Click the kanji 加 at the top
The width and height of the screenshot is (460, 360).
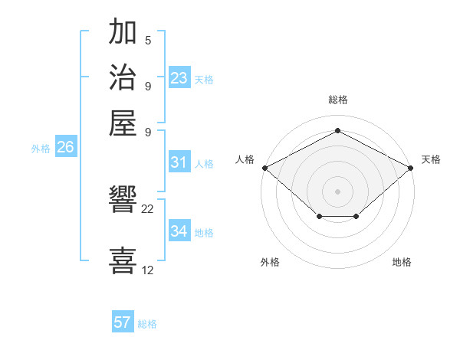pyautogui.click(x=123, y=34)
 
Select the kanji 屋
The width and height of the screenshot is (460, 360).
pyautogui.click(x=123, y=122)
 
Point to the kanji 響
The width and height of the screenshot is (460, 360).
pyautogui.click(x=123, y=201)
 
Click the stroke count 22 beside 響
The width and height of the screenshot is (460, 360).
pyautogui.click(x=148, y=209)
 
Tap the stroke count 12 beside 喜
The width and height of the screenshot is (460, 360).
pyautogui.click(x=148, y=270)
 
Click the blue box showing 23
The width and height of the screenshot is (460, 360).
pyautogui.click(x=179, y=78)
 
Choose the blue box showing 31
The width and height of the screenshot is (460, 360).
pyautogui.click(x=179, y=162)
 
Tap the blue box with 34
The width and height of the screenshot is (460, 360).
pyautogui.click(x=179, y=231)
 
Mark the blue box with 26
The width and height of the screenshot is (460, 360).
pyautogui.click(x=65, y=148)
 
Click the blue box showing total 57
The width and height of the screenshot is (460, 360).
pyautogui.click(x=123, y=322)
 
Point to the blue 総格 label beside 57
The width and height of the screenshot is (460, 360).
pyautogui.click(x=147, y=324)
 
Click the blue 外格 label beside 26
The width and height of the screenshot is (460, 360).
pyautogui.click(x=41, y=149)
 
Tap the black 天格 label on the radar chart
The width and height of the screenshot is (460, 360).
pyautogui.click(x=431, y=159)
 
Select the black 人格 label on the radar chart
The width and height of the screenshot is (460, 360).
pyautogui.click(x=245, y=159)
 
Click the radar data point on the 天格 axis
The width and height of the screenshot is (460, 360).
pyautogui.click(x=412, y=167)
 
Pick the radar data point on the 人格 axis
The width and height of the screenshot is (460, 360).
pyautogui.click(x=264, y=167)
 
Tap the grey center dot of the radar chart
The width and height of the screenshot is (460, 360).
pyautogui.click(x=338, y=191)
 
